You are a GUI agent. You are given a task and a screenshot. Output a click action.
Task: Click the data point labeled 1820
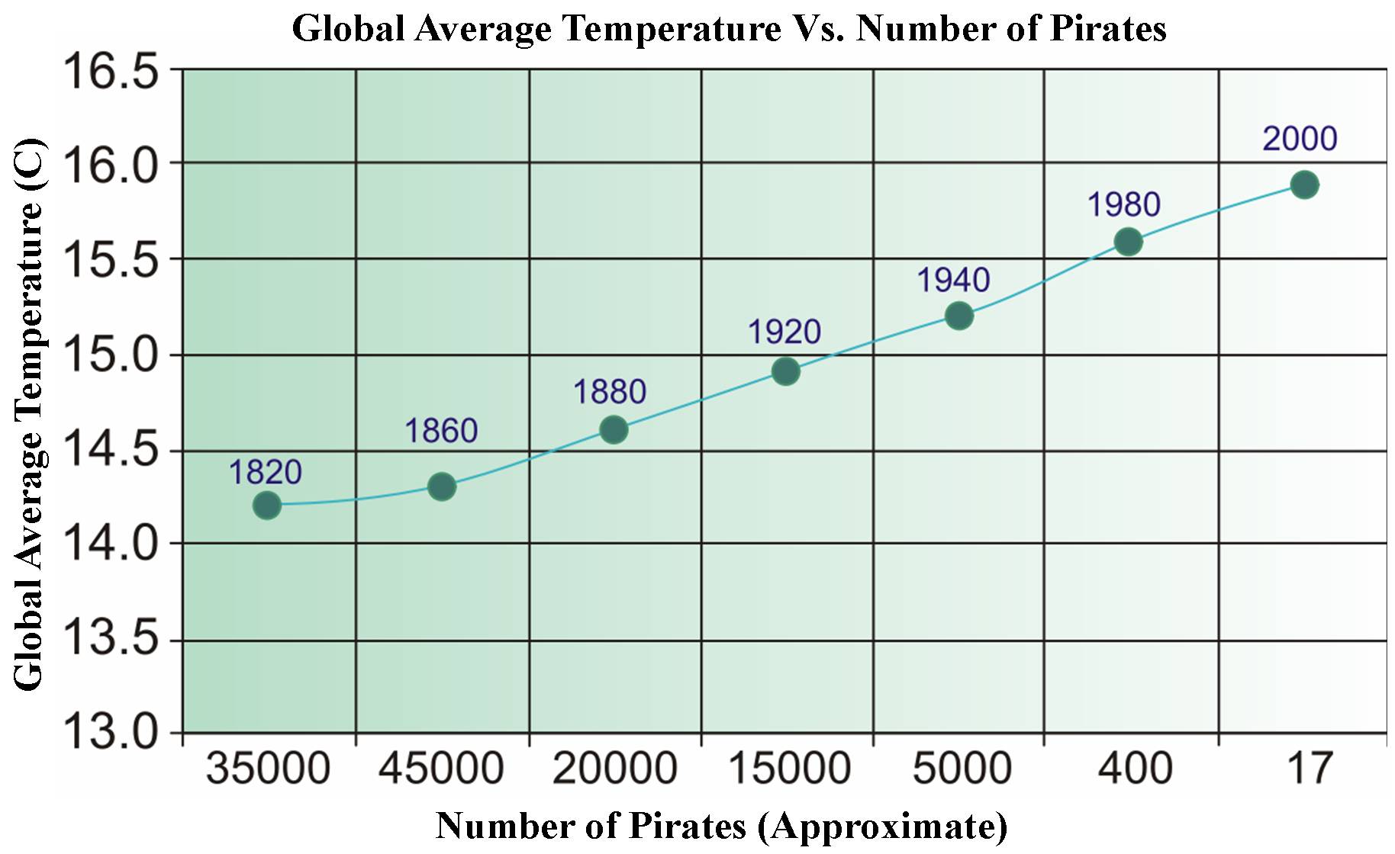tap(266, 505)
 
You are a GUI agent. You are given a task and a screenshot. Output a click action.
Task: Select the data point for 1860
tap(442, 486)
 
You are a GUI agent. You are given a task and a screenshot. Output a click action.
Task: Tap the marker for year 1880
tap(614, 430)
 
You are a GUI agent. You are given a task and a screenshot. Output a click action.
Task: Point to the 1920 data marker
tap(785, 372)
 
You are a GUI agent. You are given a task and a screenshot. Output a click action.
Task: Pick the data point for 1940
tap(958, 316)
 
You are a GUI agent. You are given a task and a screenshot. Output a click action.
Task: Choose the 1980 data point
tap(1128, 242)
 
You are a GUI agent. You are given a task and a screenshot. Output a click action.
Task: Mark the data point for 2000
tap(1304, 185)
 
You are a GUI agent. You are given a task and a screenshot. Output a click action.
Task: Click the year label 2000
tap(1300, 139)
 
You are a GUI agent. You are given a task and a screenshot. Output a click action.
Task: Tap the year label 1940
tap(953, 281)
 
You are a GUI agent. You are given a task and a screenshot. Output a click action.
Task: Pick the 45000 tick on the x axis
tap(441, 769)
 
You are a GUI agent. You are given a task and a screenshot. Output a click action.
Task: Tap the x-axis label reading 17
tap(1310, 769)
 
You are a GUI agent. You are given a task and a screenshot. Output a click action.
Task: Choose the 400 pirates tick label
tap(1134, 769)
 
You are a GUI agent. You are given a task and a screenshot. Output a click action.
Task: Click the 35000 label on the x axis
tap(268, 769)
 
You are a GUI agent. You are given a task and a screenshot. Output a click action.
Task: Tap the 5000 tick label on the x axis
tap(962, 769)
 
